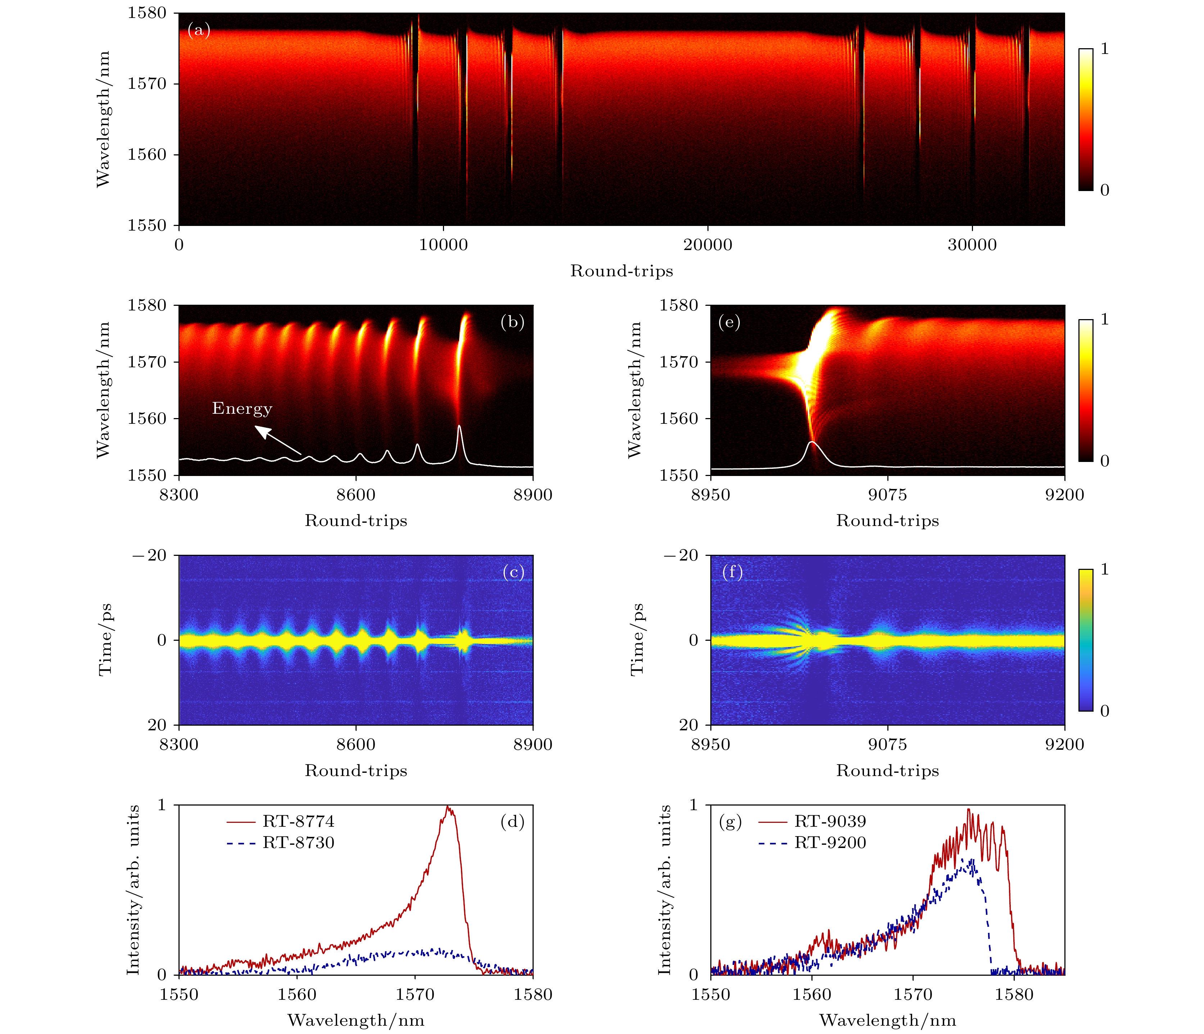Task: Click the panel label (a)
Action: coord(199,30)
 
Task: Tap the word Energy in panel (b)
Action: coord(242,408)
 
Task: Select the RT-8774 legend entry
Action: coord(298,821)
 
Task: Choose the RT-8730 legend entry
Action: coord(298,843)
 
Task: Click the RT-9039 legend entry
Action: coord(830,821)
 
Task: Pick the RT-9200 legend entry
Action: coord(830,843)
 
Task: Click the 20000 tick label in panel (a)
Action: coord(707,245)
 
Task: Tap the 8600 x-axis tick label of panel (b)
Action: coord(356,495)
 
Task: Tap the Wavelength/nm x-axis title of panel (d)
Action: coord(356,1020)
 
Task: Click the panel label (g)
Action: coord(730,822)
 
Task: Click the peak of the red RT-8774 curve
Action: coord(447,807)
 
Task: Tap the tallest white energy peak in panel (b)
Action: coord(460,426)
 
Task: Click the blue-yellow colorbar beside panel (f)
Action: coord(1086,640)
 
